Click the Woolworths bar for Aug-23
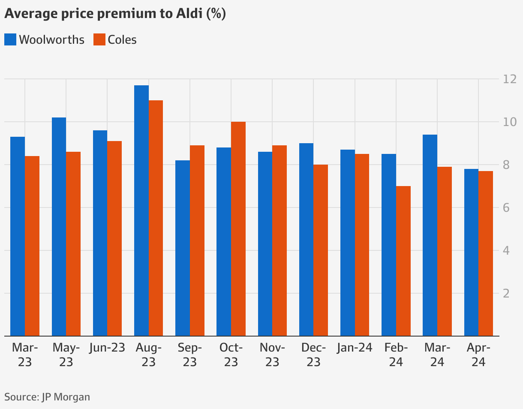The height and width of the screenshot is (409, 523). [x=141, y=210]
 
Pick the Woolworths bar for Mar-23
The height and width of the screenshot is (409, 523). [x=18, y=236]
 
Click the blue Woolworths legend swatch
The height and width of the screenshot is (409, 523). [x=10, y=40]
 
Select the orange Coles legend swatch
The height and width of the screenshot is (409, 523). [x=99, y=40]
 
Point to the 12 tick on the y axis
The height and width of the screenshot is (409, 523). [x=510, y=79]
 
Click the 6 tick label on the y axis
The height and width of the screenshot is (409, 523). [x=506, y=208]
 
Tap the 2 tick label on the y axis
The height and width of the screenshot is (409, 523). [x=506, y=294]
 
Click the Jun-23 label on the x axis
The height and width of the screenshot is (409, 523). [x=107, y=348]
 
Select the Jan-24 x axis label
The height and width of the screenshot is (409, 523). [x=355, y=348]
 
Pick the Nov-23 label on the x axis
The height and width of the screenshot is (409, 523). [x=272, y=355]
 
